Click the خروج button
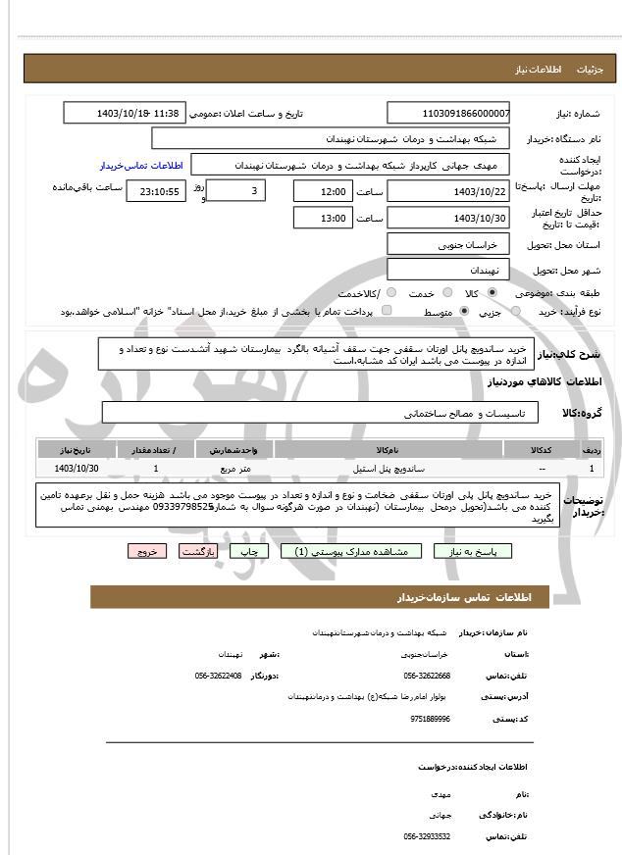147,552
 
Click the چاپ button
249,552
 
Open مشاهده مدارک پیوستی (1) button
351,552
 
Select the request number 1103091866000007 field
448,114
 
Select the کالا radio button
492,293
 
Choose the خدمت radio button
447,293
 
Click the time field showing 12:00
322,191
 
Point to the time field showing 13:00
322,218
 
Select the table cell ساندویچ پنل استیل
389,469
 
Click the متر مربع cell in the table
235,469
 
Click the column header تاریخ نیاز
78,449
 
